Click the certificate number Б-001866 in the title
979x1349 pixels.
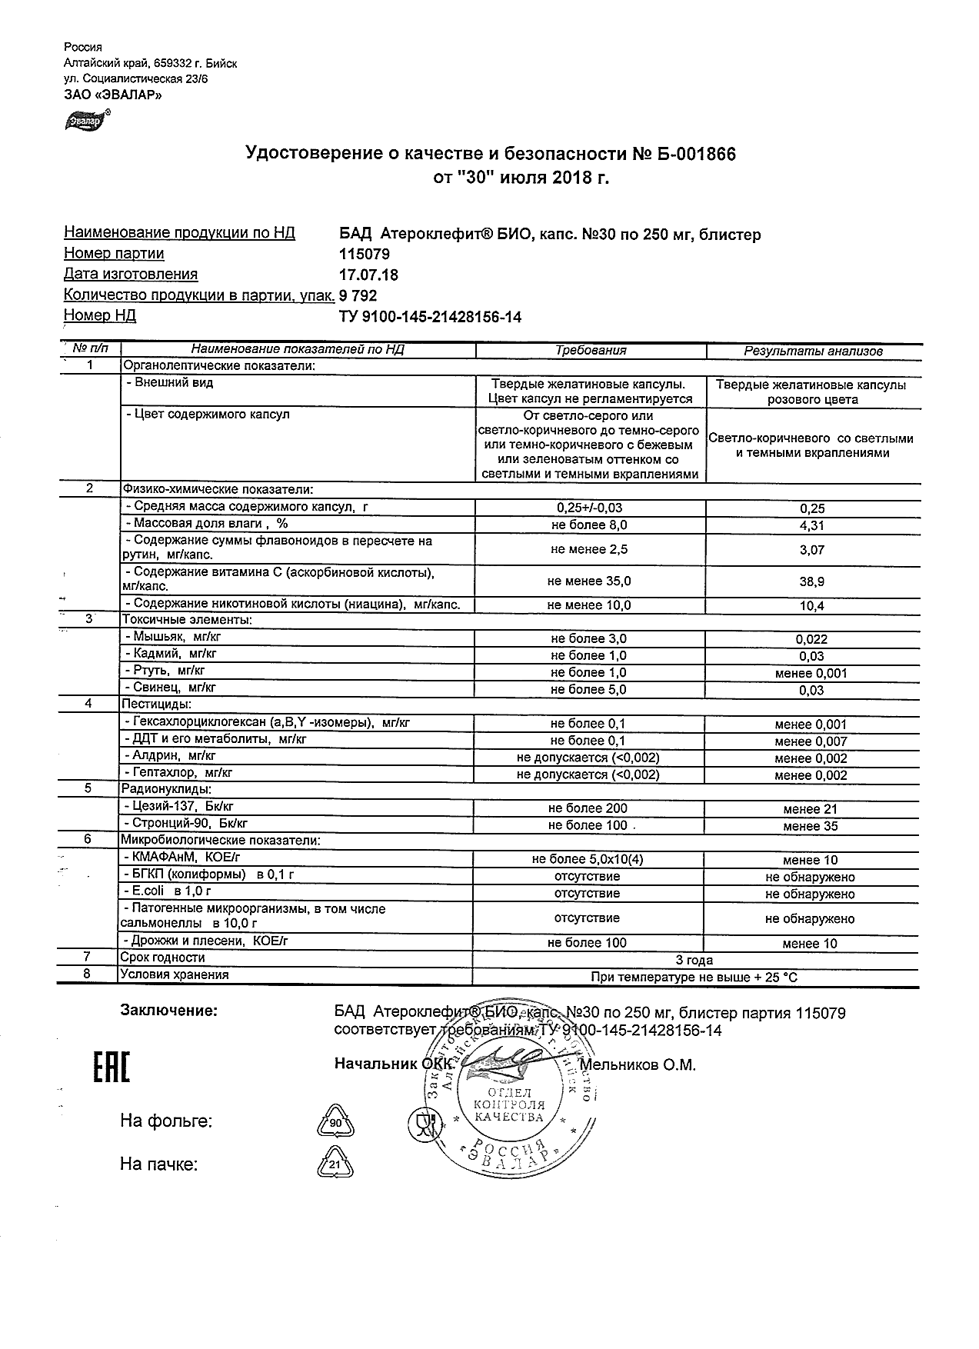point(685,155)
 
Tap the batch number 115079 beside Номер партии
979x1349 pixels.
point(365,254)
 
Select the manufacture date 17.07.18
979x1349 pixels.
point(368,275)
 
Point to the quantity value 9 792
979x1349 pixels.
point(358,295)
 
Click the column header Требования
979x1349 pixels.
point(591,351)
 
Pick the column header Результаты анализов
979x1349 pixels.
point(812,351)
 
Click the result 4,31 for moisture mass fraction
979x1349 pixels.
point(811,526)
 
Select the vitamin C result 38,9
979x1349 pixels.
point(811,582)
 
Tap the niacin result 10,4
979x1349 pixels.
point(811,606)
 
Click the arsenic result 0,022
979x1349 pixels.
point(811,639)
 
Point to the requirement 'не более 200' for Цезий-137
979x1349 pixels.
point(588,809)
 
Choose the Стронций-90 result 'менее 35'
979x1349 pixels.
point(811,827)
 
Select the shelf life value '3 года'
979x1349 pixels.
point(694,960)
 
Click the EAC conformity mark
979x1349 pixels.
point(112,1068)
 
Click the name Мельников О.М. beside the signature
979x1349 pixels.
point(638,1065)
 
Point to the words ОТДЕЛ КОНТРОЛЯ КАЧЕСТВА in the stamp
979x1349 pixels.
point(508,1105)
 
